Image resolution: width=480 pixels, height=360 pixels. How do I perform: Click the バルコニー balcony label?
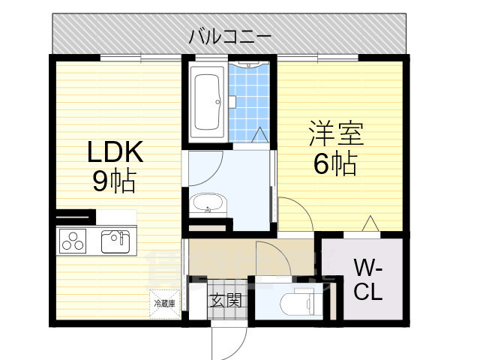(229, 35)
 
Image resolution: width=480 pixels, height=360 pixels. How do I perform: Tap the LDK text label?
(114, 154)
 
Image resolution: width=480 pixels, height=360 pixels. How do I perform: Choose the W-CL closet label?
(368, 278)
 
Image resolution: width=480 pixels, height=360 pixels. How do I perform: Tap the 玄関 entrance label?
(225, 301)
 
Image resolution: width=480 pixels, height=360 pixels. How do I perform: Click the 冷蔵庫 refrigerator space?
(164, 304)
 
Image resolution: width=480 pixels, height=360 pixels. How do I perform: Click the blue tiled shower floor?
(250, 105)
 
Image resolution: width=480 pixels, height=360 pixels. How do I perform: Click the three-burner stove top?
(73, 241)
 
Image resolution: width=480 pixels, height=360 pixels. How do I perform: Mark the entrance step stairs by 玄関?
(199, 304)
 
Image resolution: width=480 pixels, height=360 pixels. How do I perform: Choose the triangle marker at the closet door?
(369, 223)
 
